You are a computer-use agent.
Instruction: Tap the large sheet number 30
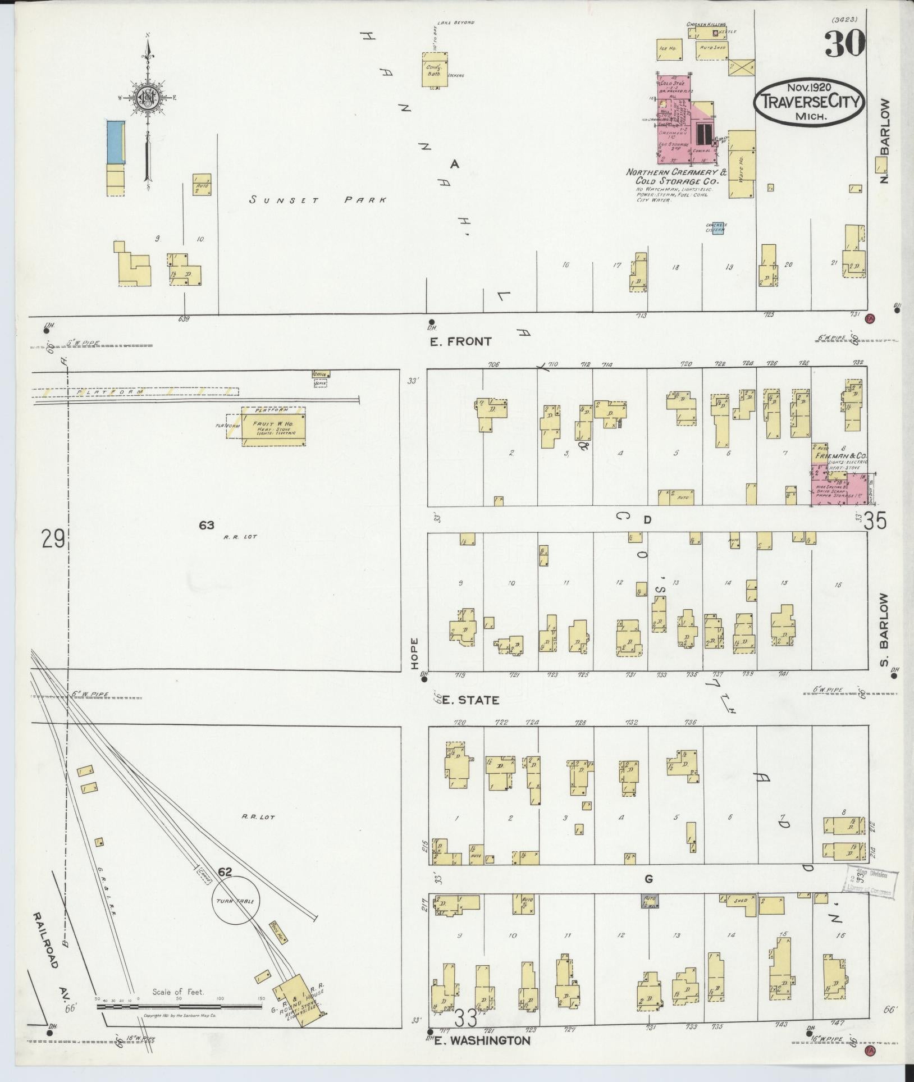pyautogui.click(x=844, y=44)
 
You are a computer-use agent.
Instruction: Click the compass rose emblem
pyautogui.click(x=149, y=101)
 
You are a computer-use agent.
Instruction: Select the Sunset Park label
pyautogui.click(x=319, y=200)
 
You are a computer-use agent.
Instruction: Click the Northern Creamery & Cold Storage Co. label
pyautogui.click(x=677, y=176)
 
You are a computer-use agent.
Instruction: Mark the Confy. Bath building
pyautogui.click(x=435, y=70)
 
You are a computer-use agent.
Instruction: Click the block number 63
pyautogui.click(x=207, y=525)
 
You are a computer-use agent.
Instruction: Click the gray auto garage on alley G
pyautogui.click(x=651, y=900)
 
